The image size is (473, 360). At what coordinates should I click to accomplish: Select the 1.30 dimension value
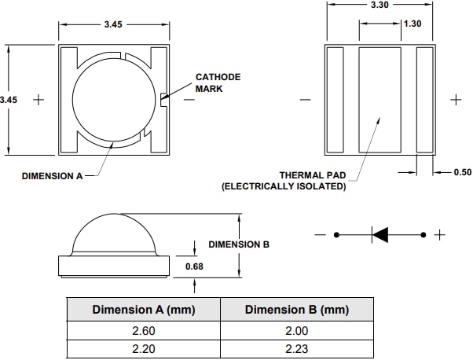[x=412, y=24]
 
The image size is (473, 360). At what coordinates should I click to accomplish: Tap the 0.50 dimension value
[x=463, y=172]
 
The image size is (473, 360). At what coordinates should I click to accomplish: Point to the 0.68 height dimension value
[x=194, y=266]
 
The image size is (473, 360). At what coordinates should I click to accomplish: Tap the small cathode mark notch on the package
[x=163, y=99]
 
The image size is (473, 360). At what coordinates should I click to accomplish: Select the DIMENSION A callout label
[x=51, y=176]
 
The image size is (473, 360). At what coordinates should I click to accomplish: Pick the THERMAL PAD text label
[x=312, y=175]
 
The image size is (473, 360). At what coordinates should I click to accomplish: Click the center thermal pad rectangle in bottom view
[x=379, y=99]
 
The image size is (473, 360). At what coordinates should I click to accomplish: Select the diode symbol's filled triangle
[x=380, y=234]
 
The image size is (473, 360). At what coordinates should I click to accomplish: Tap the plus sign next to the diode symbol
[x=440, y=234]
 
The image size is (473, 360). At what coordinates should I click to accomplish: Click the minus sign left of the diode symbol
[x=320, y=234]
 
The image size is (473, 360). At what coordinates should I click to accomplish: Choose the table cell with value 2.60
[x=144, y=331]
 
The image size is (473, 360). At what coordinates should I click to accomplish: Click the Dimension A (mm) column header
[x=144, y=310]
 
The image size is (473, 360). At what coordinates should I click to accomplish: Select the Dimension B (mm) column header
[x=296, y=310]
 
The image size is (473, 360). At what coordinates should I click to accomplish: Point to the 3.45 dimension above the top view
[x=114, y=25]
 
